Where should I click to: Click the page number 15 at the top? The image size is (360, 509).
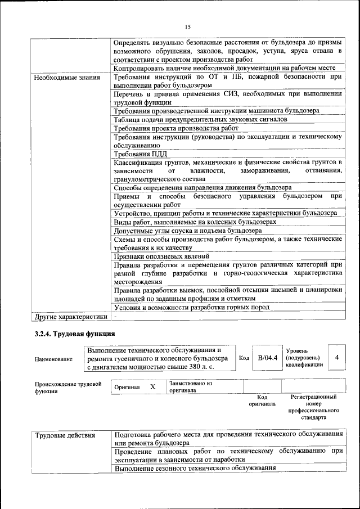187,26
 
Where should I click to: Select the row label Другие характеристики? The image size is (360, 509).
70,317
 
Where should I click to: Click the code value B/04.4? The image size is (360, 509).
267,358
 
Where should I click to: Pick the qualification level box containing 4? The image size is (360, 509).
336,358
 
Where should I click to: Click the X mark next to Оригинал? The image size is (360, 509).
152,388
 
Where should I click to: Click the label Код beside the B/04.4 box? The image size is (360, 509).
244,358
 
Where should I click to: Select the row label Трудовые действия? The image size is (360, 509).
65,435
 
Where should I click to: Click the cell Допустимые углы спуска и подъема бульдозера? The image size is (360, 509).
187,231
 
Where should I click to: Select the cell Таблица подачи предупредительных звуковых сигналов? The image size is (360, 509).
200,120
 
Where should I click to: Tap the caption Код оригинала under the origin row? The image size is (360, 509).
262,400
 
